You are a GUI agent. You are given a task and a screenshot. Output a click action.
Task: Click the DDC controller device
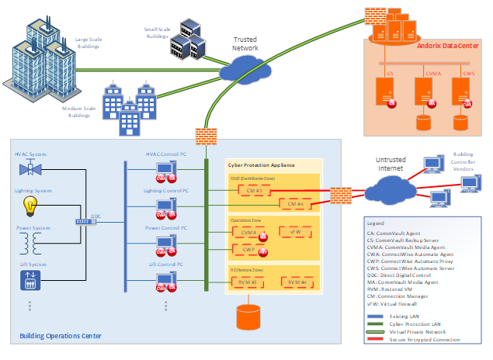84,222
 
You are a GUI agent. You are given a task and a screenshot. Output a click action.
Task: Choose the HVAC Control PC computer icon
164,169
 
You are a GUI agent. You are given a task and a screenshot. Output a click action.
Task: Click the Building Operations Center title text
60,336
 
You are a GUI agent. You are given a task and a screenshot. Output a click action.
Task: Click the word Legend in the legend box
377,223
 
